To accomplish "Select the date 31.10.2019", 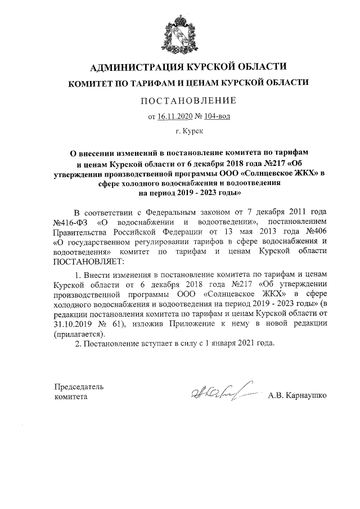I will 74,325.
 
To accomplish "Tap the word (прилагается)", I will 78,334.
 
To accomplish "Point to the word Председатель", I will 79,387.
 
